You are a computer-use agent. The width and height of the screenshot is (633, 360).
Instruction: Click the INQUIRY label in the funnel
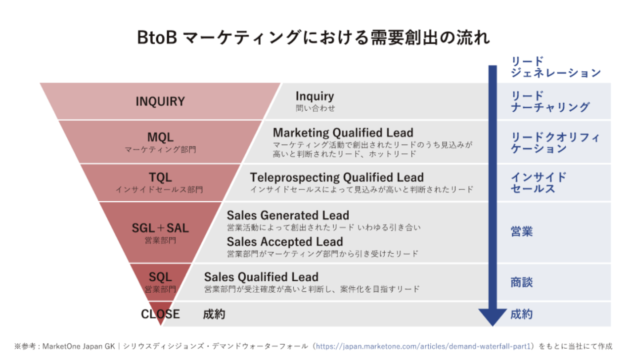coord(160,101)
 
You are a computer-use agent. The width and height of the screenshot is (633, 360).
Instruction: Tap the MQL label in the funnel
coord(160,137)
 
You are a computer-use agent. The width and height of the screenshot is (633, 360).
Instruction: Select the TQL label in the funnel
coord(160,178)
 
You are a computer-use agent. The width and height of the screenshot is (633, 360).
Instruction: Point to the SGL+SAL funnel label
coord(160,228)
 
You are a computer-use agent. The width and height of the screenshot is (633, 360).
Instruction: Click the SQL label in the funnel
coord(160,277)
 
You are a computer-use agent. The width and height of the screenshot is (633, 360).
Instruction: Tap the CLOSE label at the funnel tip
coord(160,314)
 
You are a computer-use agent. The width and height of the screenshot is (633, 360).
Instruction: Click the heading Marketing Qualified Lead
coord(343,133)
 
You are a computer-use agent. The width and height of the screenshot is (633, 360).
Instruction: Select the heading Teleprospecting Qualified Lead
coord(337,178)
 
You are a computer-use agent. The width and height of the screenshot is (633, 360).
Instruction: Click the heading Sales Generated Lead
coord(288,215)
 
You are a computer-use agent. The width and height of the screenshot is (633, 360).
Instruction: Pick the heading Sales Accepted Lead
coord(285,242)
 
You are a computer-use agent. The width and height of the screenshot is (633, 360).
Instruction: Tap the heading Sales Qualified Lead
coord(261,277)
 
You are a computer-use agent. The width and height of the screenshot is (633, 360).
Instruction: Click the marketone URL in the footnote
coord(423,346)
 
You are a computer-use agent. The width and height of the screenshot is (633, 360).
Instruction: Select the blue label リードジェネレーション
coord(555,67)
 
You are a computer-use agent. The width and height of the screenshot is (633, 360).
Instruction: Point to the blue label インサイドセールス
coord(539,183)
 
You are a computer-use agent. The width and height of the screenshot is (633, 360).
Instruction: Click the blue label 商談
coord(522,282)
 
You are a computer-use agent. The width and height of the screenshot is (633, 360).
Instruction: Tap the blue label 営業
coord(522,231)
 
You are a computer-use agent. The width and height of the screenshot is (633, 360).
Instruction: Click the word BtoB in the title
coord(157,38)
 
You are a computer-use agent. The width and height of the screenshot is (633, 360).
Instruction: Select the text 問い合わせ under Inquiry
coord(315,108)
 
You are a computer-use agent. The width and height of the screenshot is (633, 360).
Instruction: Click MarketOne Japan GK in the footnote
coord(79,347)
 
